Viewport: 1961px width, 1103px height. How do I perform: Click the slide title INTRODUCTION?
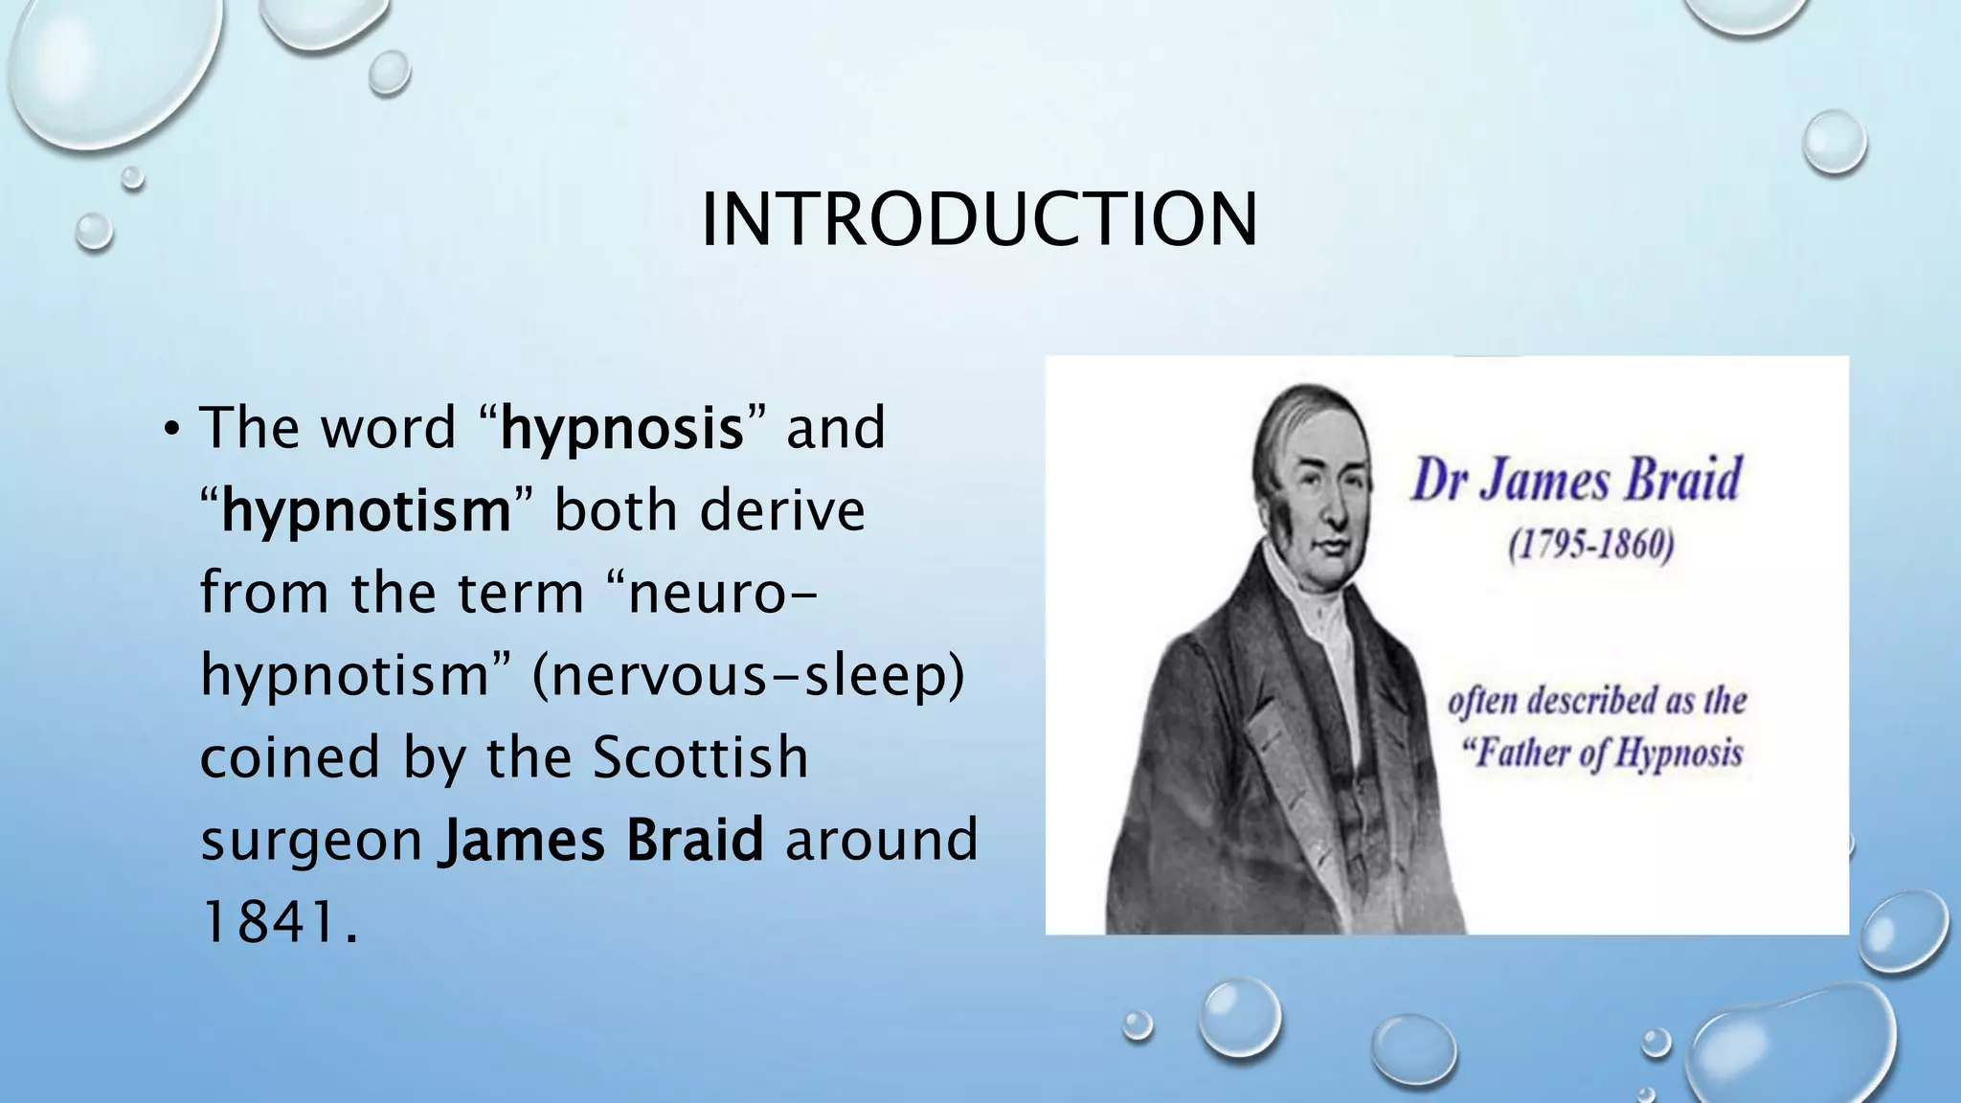click(979, 220)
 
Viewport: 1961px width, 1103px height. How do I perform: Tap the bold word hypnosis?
click(622, 428)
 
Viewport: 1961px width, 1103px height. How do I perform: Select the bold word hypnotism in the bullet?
click(367, 511)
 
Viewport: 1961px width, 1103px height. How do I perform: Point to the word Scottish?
click(700, 757)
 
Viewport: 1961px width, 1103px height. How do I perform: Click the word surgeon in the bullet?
click(311, 841)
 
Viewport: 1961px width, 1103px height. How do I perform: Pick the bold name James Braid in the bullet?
click(601, 840)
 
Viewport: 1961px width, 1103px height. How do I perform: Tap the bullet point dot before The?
click(170, 428)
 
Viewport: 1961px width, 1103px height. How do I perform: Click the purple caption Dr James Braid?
click(1576, 481)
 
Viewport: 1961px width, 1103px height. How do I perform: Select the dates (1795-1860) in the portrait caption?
click(1590, 547)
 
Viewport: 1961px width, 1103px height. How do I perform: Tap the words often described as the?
click(1597, 701)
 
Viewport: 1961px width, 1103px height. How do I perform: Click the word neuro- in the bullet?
click(724, 594)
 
